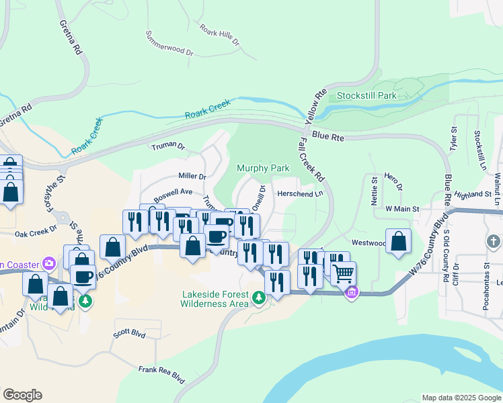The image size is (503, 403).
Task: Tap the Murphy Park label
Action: coord(263,169)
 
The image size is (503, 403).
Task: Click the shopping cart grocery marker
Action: coord(343,273)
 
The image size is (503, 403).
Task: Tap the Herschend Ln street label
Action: coord(301,193)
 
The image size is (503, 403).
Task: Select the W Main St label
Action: coord(402,210)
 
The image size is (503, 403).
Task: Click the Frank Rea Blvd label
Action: coord(161,373)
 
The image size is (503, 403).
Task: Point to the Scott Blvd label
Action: coord(129,332)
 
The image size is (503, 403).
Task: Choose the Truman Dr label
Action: coord(167,146)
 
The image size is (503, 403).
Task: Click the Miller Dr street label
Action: coord(192,176)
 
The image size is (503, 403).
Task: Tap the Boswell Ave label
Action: coord(173,192)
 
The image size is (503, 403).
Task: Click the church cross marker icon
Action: coord(493,240)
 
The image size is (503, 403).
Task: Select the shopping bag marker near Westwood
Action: coord(399,241)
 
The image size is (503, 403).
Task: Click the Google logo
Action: coord(22,394)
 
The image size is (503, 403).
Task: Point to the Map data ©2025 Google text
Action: coord(461,398)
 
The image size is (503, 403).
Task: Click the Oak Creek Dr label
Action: coord(36,234)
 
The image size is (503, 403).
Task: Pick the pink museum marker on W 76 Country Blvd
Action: coord(351,292)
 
